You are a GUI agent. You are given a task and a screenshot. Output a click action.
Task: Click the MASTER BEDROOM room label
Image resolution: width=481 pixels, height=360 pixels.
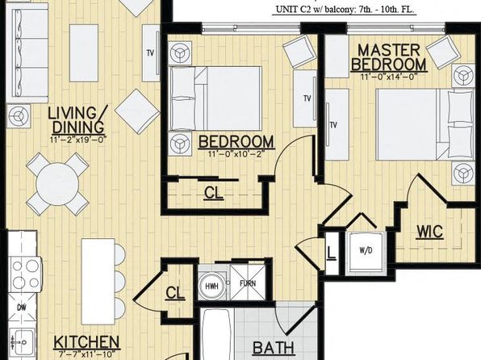tap(389, 57)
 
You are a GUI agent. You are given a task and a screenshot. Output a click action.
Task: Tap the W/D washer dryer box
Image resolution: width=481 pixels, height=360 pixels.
tap(366, 253)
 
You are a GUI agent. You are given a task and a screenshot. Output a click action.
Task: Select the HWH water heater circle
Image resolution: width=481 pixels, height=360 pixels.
tap(211, 286)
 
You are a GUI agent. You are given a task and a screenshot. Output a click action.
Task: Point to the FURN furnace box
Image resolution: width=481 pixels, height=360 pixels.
tap(248, 282)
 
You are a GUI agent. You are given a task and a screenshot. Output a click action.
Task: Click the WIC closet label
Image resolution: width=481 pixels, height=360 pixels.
tap(430, 232)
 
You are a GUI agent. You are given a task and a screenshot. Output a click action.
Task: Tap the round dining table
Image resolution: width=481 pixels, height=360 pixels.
tap(57, 185)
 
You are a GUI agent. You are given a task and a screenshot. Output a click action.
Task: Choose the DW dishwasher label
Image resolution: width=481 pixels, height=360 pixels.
tap(22, 308)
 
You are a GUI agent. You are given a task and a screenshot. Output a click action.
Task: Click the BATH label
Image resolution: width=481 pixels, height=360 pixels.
tap(274, 348)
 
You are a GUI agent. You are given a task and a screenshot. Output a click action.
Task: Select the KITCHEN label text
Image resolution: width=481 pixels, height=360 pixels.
tap(86, 342)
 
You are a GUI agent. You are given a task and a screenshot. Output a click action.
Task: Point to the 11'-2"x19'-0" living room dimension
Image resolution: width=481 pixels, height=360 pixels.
tap(78, 140)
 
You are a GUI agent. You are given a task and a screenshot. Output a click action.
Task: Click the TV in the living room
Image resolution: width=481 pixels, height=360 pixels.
tap(150, 53)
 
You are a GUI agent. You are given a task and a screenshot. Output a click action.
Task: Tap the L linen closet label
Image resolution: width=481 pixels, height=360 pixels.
tap(332, 253)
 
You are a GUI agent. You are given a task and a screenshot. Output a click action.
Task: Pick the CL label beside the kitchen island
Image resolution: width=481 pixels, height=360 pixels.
tap(175, 293)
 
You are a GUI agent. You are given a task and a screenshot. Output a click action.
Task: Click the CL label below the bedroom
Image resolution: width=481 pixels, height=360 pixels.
tap(214, 193)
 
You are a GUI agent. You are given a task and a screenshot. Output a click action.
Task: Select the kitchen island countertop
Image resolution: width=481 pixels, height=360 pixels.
tap(98, 282)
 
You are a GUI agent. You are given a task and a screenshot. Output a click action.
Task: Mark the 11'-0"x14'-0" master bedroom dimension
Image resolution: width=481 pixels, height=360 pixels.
tap(390, 77)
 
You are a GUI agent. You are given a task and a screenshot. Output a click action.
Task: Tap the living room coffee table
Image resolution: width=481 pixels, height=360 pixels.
tap(84, 53)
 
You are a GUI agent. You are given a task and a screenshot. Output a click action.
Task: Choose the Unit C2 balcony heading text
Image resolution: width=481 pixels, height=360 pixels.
tap(345, 9)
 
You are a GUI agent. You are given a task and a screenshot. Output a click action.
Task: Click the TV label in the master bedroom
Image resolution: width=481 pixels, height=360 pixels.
tap(333, 125)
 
